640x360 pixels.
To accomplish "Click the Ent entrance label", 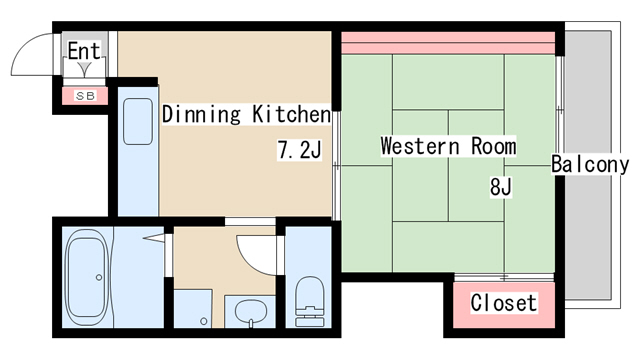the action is [84, 51].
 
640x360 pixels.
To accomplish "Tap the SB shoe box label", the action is [86, 96].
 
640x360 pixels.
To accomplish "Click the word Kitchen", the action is [291, 114].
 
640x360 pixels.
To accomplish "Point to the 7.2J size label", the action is [299, 149].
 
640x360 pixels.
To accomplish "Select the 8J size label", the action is [500, 187].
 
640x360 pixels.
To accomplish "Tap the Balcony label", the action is [590, 164].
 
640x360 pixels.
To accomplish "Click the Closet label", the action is [504, 302].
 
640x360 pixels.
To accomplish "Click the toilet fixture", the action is [309, 301].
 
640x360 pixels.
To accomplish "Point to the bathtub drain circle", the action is [99, 278].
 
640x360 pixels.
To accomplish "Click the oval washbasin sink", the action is [251, 311].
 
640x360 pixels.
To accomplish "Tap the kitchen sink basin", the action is [138, 121].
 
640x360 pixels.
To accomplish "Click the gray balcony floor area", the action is [588, 165].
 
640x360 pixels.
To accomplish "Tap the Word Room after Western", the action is [493, 146].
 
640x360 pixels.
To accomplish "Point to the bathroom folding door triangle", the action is [154, 238].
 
